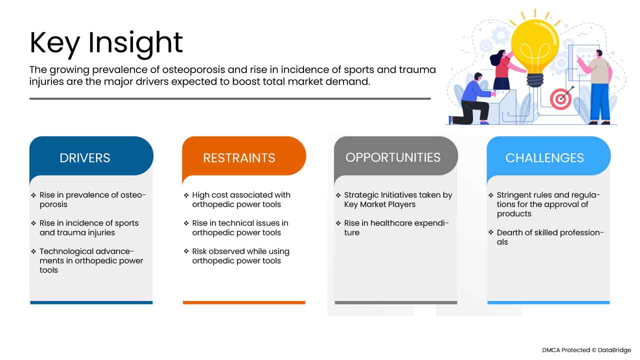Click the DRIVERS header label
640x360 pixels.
85,158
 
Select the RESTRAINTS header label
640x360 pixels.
239,158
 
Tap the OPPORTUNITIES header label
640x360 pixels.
393,157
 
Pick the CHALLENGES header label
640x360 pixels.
544,158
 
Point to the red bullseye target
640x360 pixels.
560,99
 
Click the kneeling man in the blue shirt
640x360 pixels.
473,100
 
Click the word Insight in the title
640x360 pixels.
135,43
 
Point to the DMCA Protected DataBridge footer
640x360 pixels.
586,350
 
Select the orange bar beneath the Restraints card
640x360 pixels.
244,302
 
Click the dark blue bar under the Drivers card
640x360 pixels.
91,302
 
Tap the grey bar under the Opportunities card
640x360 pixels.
396,302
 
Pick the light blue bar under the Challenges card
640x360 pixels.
548,302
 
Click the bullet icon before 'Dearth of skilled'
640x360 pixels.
491,232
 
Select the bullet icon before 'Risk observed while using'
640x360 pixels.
186,251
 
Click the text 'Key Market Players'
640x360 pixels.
379,204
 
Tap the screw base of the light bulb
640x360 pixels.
535,80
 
